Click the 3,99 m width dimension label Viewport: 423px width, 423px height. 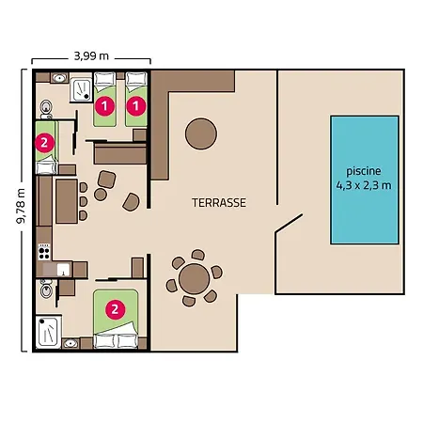pyautogui.click(x=91, y=56)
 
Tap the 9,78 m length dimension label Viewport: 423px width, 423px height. pyautogui.click(x=21, y=206)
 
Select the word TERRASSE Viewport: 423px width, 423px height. pyautogui.click(x=219, y=203)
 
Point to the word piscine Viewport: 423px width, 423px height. pyautogui.click(x=364, y=171)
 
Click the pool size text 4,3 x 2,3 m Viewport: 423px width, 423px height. pyautogui.click(x=364, y=185)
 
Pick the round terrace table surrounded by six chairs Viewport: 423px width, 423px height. pyautogui.click(x=195, y=279)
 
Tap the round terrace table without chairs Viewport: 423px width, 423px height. pyautogui.click(x=201, y=133)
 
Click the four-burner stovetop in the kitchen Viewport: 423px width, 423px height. pyautogui.click(x=44, y=252)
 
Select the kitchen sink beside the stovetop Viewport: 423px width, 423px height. pyautogui.click(x=63, y=269)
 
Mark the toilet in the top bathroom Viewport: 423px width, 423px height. pyautogui.click(x=46, y=108)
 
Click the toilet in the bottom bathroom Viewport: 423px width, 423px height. pyautogui.click(x=46, y=289)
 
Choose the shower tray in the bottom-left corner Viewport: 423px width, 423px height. pyautogui.click(x=48, y=332)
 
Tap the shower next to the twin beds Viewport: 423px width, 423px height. pyautogui.click(x=81, y=90)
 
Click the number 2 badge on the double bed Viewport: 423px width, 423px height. pyautogui.click(x=116, y=309)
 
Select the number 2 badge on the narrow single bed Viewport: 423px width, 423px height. pyautogui.click(x=44, y=143)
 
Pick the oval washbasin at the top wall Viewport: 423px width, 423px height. pyautogui.click(x=59, y=77)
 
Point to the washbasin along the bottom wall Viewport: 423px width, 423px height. pyautogui.click(x=70, y=343)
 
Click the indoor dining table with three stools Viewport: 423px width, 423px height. pyautogui.click(x=67, y=201)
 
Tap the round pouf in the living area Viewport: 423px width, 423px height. pyautogui.click(x=101, y=195)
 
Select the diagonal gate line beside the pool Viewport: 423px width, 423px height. pyautogui.click(x=289, y=224)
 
